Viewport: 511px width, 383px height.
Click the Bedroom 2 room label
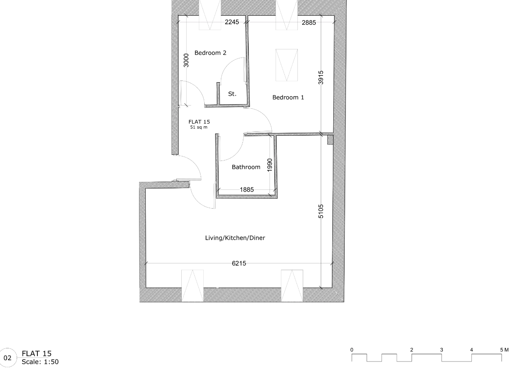(x=210, y=53)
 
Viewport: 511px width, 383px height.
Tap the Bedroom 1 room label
(x=288, y=97)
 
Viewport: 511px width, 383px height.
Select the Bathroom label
(x=246, y=167)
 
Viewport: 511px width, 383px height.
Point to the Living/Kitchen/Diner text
(x=235, y=238)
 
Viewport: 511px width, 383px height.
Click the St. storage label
(x=232, y=94)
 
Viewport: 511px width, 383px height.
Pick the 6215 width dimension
(x=239, y=263)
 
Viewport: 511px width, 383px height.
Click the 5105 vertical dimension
(x=321, y=212)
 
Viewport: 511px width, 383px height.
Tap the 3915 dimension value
(x=321, y=77)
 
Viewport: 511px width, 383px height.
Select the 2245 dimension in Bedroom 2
(x=232, y=22)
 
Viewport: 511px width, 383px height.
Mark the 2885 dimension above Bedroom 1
(x=309, y=22)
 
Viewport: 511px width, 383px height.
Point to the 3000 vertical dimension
(x=187, y=60)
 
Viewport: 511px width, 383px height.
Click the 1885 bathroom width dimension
(x=247, y=190)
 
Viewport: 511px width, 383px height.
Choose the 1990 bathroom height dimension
(x=269, y=165)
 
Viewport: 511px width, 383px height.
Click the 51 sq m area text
(x=199, y=127)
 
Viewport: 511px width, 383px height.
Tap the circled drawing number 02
(x=8, y=358)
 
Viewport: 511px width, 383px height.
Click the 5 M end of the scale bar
(x=504, y=349)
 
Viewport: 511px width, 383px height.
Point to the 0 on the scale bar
(x=352, y=349)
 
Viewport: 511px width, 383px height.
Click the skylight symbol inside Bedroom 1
(x=287, y=65)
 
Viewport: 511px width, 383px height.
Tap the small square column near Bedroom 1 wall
(x=330, y=140)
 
